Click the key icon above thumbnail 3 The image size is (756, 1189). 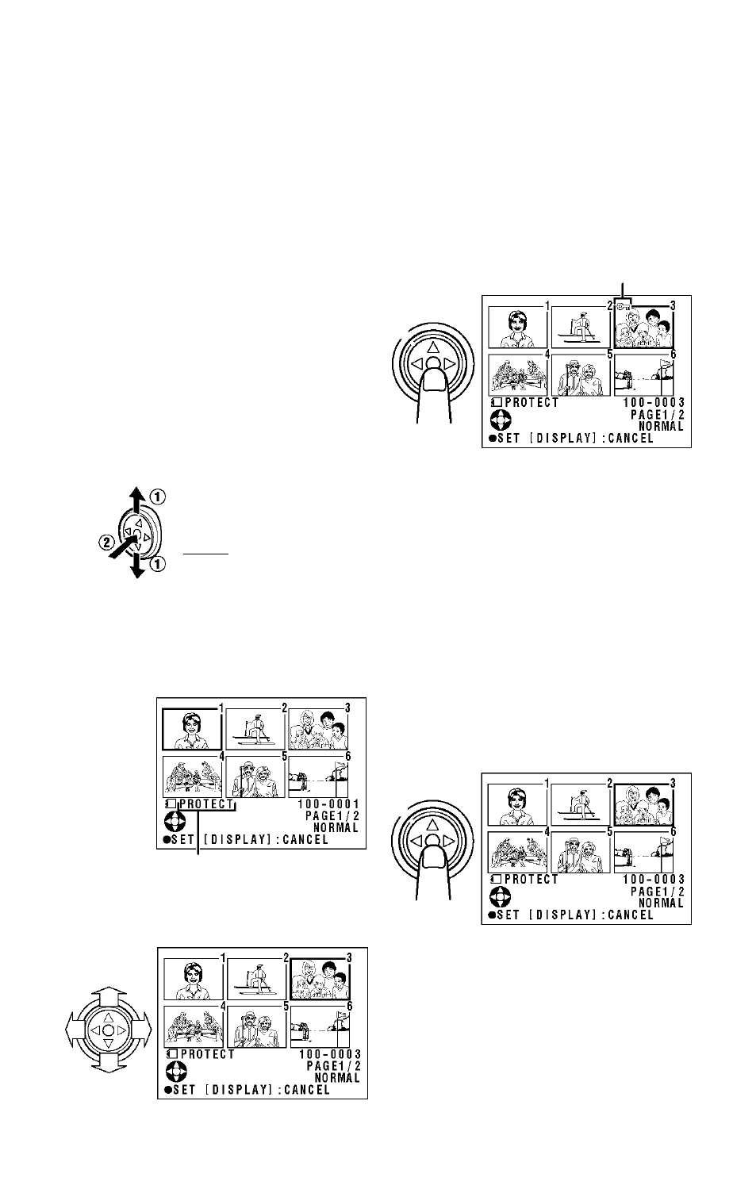click(624, 305)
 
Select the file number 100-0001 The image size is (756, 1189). click(328, 804)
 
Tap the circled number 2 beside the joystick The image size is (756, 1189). click(106, 543)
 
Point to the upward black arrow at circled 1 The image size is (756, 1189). click(137, 500)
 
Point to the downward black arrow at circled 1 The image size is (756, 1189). click(137, 565)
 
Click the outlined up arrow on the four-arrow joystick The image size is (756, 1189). click(109, 996)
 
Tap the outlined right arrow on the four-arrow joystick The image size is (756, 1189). click(141, 1030)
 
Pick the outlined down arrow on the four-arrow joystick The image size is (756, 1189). click(109, 1063)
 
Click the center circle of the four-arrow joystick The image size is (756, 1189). click(109, 1030)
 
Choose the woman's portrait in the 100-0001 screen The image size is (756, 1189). click(192, 729)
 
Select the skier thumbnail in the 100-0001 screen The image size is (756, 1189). click(255, 729)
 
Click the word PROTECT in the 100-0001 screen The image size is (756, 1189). click(206, 804)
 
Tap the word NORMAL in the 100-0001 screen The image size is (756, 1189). click(336, 827)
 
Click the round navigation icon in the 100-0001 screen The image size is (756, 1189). click(175, 822)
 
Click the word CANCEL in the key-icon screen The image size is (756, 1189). click(631, 439)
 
